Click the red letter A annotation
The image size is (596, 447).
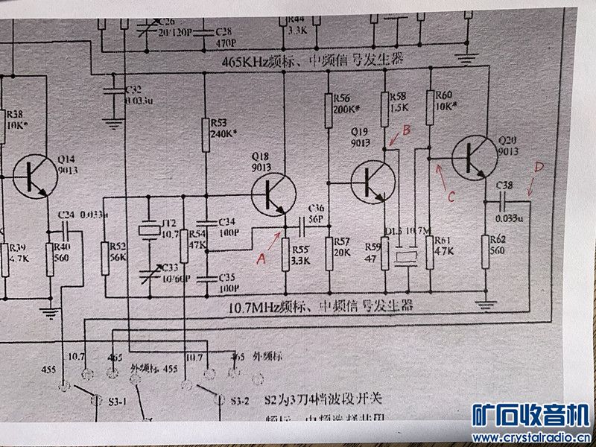pos(260,259)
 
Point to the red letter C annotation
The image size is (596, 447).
pos(449,196)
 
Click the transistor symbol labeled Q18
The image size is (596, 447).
pos(270,193)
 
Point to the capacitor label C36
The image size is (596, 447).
pos(315,208)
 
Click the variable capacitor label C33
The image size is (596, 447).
pos(171,266)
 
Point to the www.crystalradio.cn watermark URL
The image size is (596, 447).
pos(531,437)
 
